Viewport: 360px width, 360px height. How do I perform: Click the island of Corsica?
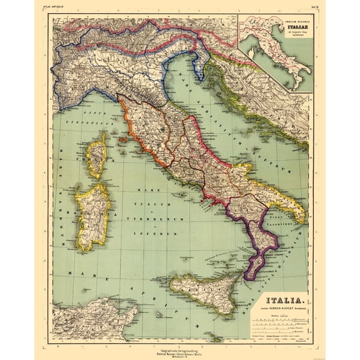[97, 159]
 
